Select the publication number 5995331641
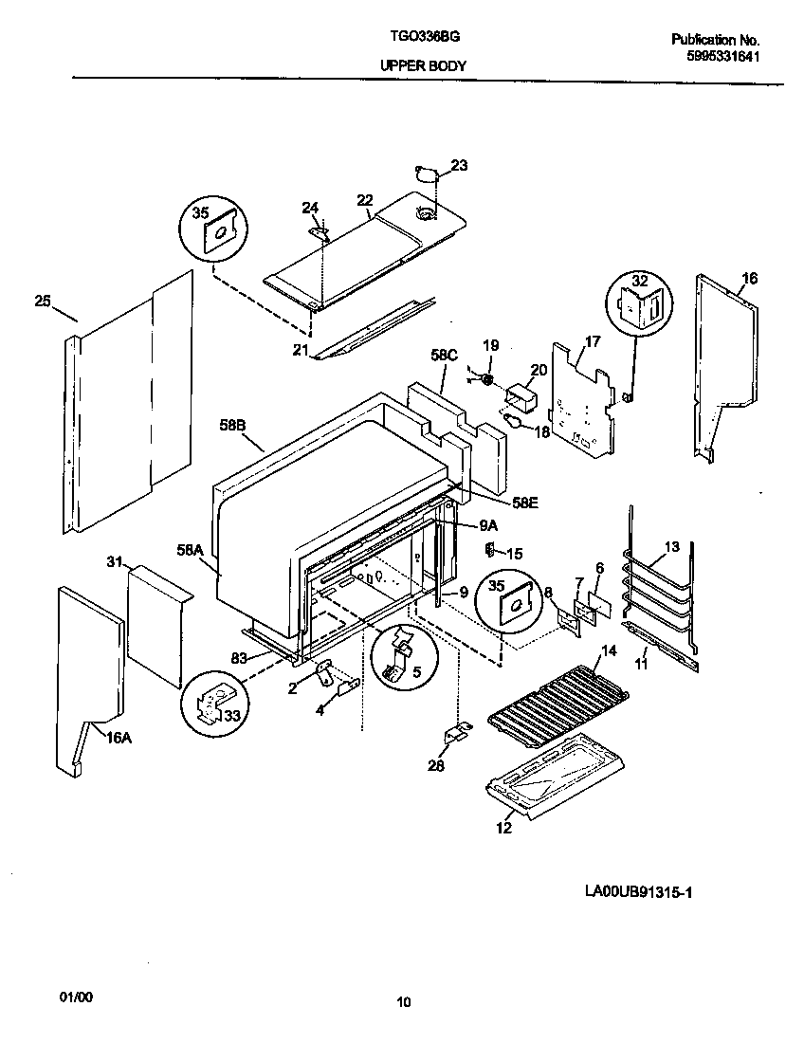click(x=723, y=56)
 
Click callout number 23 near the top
click(x=459, y=166)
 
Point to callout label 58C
click(x=444, y=356)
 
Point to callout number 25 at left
click(x=42, y=302)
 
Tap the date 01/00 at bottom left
click(x=76, y=997)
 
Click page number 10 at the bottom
click(x=404, y=1002)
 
